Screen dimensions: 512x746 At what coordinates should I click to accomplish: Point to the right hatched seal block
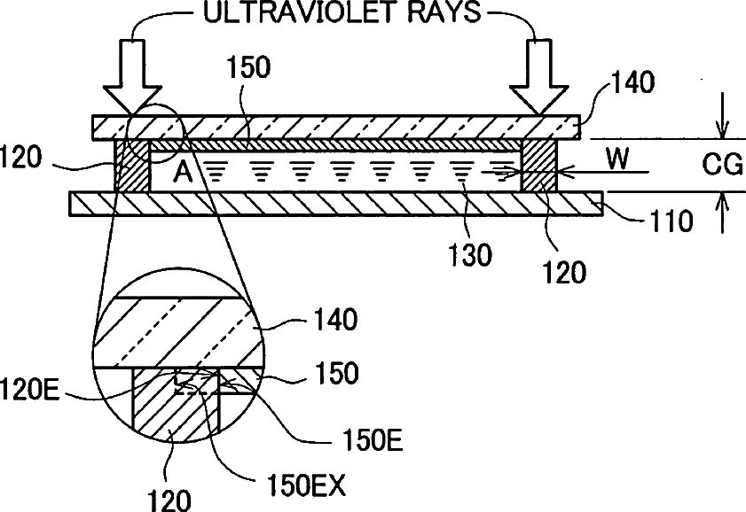tap(538, 165)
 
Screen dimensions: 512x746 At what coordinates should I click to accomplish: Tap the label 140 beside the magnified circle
tap(333, 320)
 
